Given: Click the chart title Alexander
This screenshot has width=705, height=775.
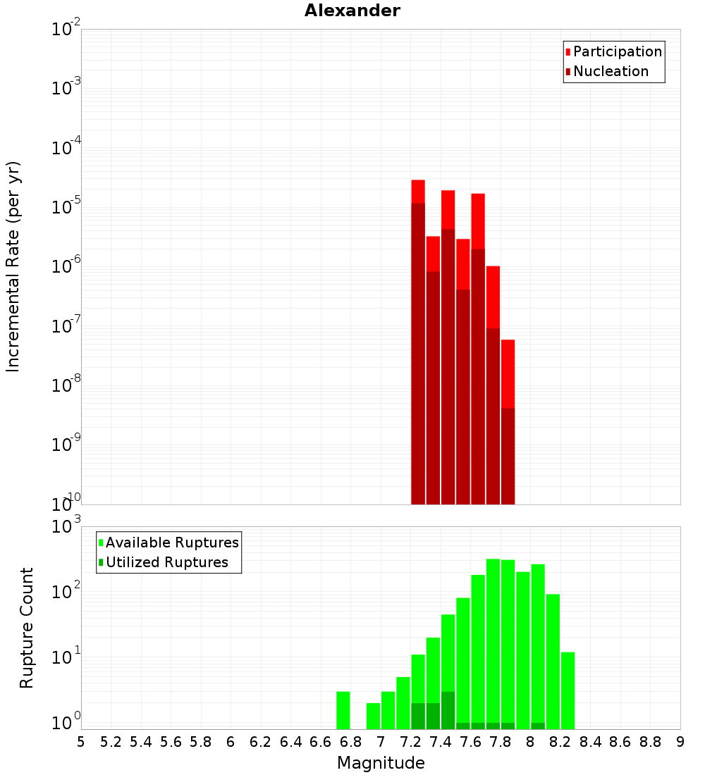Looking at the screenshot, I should [352, 11].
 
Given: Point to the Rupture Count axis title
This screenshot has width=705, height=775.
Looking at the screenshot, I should [27, 628].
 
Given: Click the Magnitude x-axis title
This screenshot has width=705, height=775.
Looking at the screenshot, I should [381, 763].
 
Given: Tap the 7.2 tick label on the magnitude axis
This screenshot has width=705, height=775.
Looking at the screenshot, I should [410, 742].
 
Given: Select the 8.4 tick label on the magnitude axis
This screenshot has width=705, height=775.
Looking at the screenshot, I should [590, 742].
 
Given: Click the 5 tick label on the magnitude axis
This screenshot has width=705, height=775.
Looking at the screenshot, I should [81, 742].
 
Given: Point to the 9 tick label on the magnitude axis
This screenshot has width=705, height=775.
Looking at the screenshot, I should [680, 742].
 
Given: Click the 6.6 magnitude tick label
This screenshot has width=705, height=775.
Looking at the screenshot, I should [321, 742].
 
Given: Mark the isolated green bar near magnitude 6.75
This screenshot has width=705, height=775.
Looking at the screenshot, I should [343, 710].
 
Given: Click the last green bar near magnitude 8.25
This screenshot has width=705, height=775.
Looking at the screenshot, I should [568, 690].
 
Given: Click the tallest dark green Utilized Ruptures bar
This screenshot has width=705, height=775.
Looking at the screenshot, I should [448, 711].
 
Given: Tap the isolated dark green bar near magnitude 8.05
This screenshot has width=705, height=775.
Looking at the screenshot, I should [538, 726].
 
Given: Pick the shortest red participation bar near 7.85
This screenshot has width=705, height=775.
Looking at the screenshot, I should [508, 373].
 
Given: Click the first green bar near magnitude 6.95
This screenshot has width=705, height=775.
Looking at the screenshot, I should [373, 716].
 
